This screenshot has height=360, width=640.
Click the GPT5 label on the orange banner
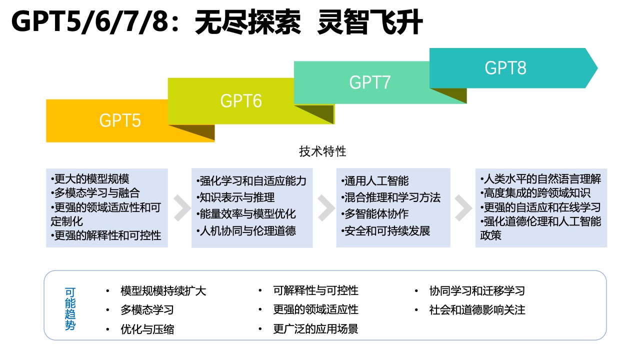coord(120,120)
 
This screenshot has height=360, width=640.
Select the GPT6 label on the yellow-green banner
coord(241,101)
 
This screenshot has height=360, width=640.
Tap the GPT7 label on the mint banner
coord(369,82)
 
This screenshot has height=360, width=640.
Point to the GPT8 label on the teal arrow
coord(505,68)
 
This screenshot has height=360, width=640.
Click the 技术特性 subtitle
coord(322,151)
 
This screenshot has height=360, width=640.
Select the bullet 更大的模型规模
coord(90,179)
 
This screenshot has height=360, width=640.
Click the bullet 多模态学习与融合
coord(95,193)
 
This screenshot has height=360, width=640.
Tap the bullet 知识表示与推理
coord(235,197)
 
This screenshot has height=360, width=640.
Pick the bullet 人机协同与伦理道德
coord(246,230)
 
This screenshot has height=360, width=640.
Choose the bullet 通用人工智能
coord(375,180)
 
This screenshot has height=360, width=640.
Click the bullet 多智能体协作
coord(375,213)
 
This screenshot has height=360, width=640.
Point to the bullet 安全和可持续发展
coord(385,230)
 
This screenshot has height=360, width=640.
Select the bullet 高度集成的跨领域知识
coord(535,193)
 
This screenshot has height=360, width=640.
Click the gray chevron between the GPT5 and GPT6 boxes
coord(182,208)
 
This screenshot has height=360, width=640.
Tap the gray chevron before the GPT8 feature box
coord(463,208)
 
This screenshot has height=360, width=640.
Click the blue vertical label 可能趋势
coord(70,308)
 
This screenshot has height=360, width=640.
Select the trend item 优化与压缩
coord(147,329)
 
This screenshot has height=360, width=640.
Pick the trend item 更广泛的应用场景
coord(315,329)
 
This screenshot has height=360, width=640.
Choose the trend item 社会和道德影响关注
coord(477,309)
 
